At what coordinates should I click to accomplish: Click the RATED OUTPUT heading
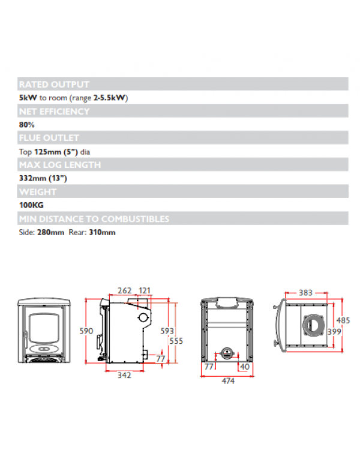point(54,85)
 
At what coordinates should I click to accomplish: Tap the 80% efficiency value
point(27,125)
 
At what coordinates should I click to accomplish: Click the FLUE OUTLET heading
point(49,139)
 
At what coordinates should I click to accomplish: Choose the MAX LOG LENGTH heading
point(59,165)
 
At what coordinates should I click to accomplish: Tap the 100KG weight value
point(31,205)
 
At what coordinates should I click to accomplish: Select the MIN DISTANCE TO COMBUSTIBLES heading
point(94,219)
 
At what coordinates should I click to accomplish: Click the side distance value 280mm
point(50,232)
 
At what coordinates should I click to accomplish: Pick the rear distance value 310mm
point(102,232)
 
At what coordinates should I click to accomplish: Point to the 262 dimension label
point(124,291)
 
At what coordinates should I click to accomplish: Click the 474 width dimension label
point(227,380)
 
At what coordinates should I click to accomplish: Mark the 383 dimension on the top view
point(306,292)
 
